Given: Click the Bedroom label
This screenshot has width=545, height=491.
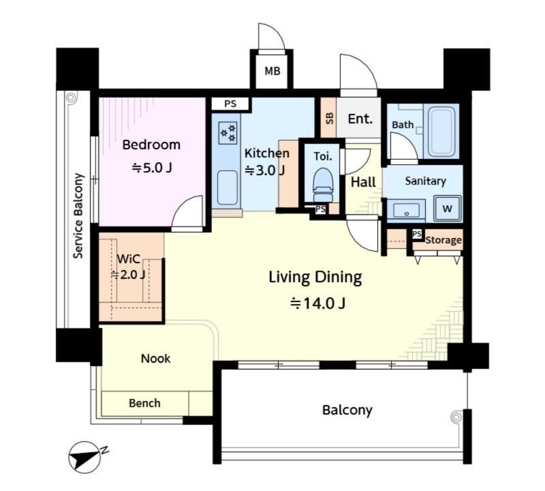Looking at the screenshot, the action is [151, 145].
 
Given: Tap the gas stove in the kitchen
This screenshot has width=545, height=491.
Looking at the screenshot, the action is [228, 132].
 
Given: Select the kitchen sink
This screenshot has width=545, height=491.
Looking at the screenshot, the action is [228, 188].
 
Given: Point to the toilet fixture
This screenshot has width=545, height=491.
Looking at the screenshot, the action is [323, 184].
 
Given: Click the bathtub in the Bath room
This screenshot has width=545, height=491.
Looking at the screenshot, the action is [441, 132].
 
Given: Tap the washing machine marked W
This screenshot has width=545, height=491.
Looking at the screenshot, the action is [447, 209].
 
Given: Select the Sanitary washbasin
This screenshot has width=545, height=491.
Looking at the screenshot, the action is [406, 210].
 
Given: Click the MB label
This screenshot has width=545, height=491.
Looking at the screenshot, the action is [272, 71].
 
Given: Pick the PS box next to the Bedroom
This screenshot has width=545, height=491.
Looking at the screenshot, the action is [230, 104].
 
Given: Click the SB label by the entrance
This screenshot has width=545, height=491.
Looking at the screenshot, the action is [329, 118].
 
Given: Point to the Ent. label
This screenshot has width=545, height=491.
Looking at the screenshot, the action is [360, 119].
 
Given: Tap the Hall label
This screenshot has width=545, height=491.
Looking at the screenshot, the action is [363, 181].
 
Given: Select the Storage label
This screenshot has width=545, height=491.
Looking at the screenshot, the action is [443, 240].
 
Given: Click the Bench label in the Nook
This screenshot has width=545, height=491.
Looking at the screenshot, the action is [144, 403].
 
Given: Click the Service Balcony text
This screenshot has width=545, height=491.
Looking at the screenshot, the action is [78, 215].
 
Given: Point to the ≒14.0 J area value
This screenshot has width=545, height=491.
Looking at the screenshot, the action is [317, 303].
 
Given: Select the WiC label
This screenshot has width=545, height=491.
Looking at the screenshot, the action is [128, 259].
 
